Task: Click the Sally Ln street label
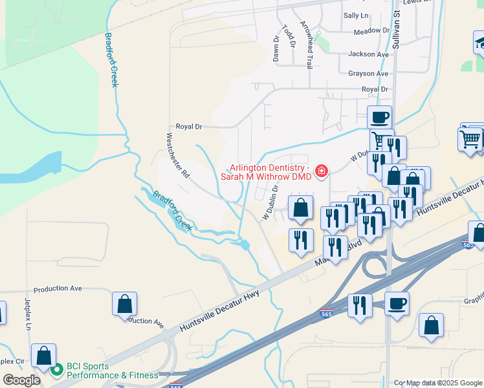pyautogui.click(x=355, y=15)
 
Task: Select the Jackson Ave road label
pyautogui.click(x=368, y=54)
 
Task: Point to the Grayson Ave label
pyautogui.click(x=368, y=74)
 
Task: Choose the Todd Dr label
pyautogui.click(x=289, y=36)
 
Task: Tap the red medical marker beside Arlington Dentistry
pyautogui.click(x=320, y=171)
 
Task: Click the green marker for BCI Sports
pyautogui.click(x=57, y=370)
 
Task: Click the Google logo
pyautogui.click(x=21, y=380)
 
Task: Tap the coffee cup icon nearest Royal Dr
pyautogui.click(x=380, y=117)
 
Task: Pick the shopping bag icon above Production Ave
pyautogui.click(x=124, y=304)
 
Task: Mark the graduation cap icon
pyautogui.click(x=480, y=44)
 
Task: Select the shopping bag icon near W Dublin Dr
pyautogui.click(x=300, y=208)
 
